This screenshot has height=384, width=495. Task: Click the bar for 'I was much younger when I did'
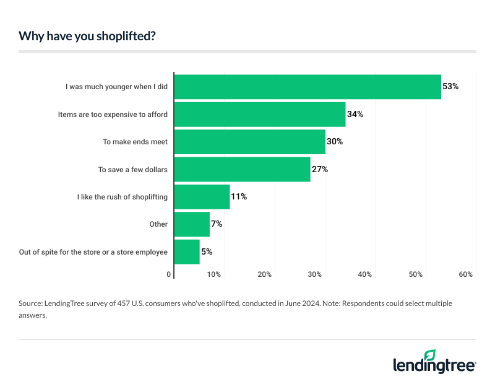[308, 87]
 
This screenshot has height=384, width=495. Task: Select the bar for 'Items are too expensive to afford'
[260, 115]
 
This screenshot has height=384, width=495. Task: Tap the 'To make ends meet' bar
[250, 142]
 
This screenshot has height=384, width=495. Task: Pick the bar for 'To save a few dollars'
[243, 169]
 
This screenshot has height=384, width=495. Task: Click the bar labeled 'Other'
[192, 224]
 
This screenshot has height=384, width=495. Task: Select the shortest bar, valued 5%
[187, 251]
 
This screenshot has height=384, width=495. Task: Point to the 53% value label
[450, 87]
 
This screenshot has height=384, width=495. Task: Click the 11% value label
[239, 196]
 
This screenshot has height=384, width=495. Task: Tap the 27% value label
[319, 169]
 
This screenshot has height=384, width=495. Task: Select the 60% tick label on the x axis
[466, 274]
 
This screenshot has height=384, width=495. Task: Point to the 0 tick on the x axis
[170, 274]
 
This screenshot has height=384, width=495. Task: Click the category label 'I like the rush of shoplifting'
[123, 196]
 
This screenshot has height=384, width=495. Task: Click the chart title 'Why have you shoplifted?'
[87, 36]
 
